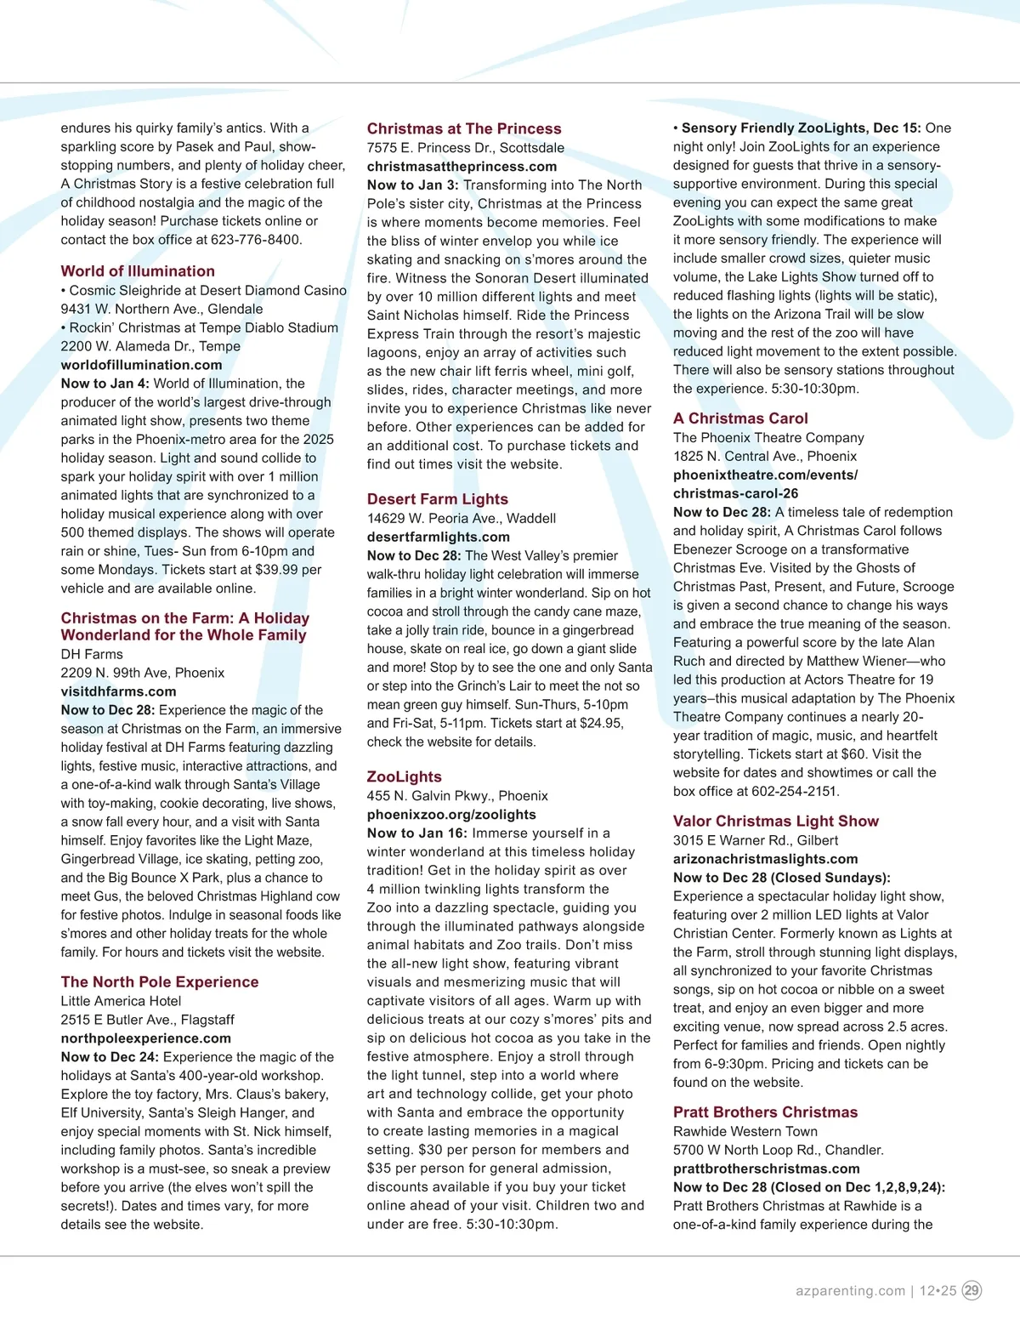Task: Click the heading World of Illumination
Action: (x=138, y=271)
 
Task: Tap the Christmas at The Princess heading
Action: (x=464, y=128)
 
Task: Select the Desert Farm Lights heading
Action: (x=438, y=499)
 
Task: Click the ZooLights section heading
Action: (x=405, y=776)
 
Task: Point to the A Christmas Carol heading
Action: (x=740, y=418)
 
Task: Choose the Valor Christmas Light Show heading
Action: (x=776, y=821)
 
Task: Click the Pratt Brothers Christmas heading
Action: (x=765, y=1112)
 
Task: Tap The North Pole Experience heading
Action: (x=160, y=981)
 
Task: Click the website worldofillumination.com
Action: (x=141, y=365)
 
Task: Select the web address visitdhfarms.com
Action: (x=119, y=691)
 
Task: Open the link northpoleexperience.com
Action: (x=146, y=1038)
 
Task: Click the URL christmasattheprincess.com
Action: (x=462, y=167)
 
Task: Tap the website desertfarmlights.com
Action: (x=439, y=537)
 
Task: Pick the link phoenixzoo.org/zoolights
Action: (x=451, y=815)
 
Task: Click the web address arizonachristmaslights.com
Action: (x=766, y=859)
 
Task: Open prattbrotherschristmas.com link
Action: (x=767, y=1169)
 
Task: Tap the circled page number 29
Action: (x=972, y=1290)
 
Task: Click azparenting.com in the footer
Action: (x=850, y=1291)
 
